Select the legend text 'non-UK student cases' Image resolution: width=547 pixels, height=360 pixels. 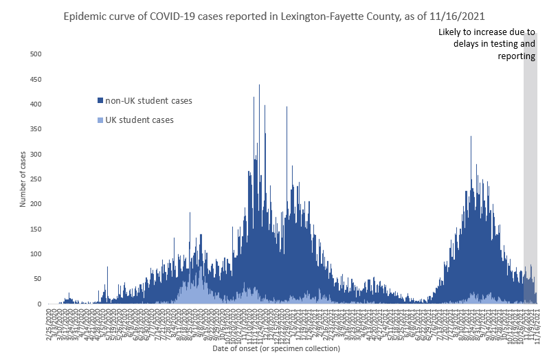148,101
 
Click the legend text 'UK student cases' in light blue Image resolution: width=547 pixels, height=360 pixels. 139,120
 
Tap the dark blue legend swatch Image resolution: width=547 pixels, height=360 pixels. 100,101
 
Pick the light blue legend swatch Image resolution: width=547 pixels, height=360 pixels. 100,120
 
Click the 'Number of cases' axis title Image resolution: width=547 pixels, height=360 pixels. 23,179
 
